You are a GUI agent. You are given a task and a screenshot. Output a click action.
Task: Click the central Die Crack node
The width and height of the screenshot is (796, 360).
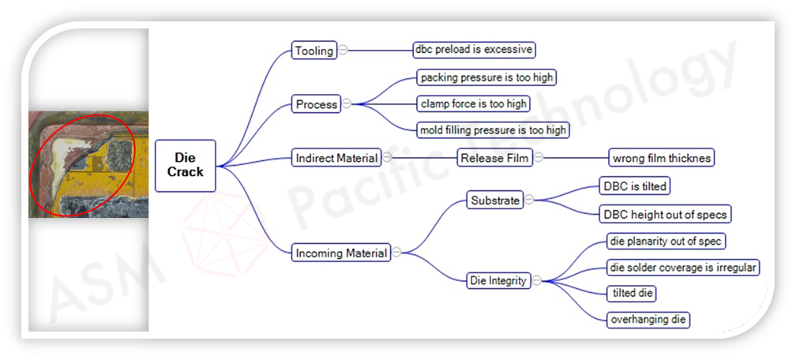[185, 165]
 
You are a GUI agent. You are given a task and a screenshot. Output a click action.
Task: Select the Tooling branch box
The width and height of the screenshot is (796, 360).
[314, 51]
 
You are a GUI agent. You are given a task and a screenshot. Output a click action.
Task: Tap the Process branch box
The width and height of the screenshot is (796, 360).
[316, 104]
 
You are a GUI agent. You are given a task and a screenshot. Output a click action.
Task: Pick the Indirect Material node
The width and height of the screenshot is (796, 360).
[336, 158]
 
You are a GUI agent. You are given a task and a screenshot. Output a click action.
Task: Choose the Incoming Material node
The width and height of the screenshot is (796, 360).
[341, 253]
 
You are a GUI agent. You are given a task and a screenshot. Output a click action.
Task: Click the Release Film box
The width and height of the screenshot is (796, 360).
[494, 158]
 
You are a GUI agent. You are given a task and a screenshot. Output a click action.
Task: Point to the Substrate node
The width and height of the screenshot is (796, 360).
[495, 201]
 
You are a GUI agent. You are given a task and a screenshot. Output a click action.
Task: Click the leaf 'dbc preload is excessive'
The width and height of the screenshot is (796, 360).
[474, 50]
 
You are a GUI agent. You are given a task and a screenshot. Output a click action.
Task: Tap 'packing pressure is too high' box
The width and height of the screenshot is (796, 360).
[487, 77]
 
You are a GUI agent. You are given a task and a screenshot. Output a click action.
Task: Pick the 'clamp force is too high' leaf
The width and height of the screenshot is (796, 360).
[474, 103]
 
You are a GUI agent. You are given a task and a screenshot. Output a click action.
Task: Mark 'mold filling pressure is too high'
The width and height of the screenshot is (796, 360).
[493, 129]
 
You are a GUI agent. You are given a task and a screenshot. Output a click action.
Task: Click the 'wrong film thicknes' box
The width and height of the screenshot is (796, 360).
[661, 158]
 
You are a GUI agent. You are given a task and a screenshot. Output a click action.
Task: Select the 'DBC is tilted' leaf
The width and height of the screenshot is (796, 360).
[635, 186]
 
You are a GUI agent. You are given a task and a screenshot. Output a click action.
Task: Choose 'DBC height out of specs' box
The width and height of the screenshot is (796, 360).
[664, 214]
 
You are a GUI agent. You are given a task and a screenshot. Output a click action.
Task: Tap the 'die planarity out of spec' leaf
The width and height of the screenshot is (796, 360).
[665, 241]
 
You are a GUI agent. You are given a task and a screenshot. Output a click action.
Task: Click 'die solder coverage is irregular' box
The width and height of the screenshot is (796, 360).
[682, 268]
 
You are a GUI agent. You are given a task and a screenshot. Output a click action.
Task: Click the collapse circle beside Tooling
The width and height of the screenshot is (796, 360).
[343, 50]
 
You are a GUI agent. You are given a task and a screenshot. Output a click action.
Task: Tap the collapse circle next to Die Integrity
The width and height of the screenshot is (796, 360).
[537, 280]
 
